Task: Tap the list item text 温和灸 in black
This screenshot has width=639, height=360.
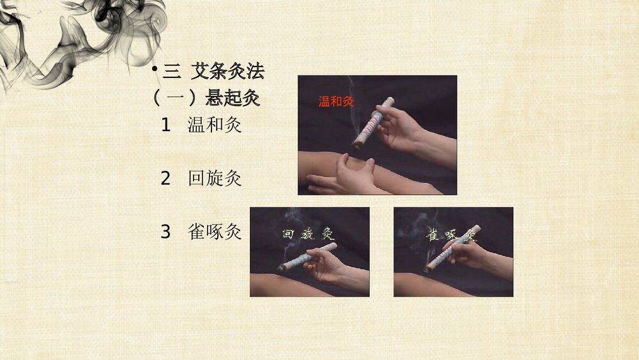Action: [x=214, y=125]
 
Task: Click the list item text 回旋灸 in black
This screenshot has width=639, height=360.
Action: [x=214, y=178]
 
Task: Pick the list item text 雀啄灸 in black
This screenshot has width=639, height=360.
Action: [x=214, y=231]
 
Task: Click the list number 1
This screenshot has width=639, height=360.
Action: [x=166, y=125]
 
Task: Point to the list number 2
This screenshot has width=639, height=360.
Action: [x=166, y=179]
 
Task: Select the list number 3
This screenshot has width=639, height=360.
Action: [x=166, y=232]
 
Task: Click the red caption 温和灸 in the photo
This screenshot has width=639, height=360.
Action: [x=336, y=101]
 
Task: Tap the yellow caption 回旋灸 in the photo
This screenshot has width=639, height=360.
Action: [x=309, y=234]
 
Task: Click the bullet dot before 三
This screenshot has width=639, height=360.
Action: [x=155, y=69]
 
